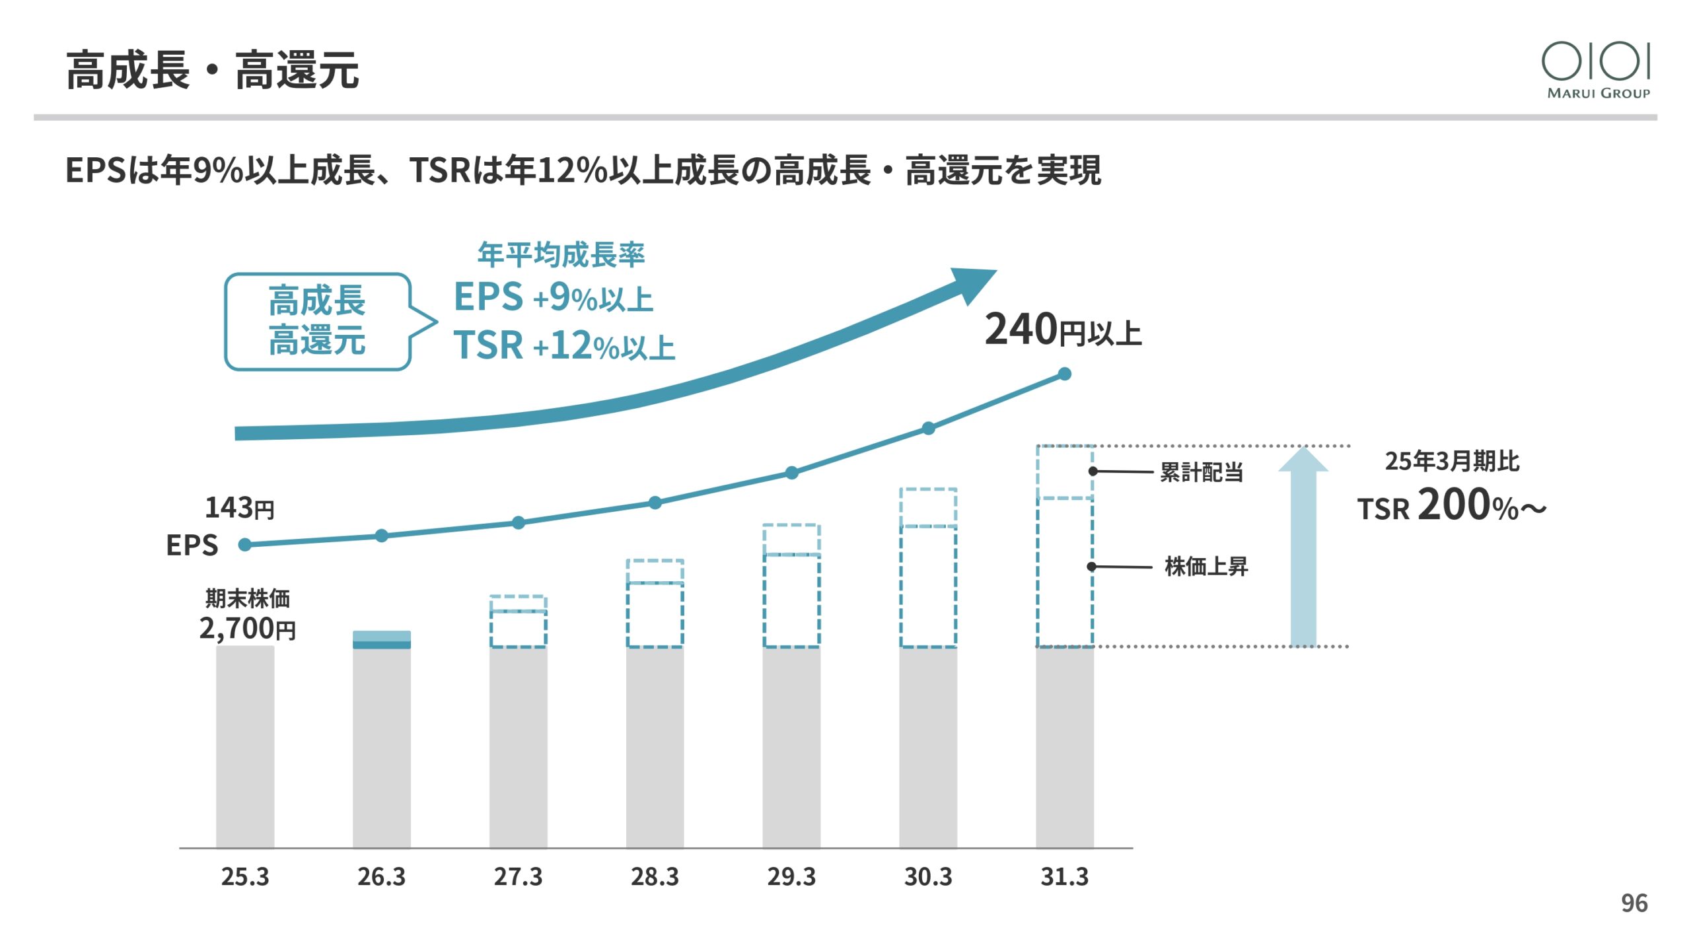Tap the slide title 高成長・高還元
click(212, 70)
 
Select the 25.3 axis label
click(245, 877)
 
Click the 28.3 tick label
click(655, 877)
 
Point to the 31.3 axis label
click(1064, 877)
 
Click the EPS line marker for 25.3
click(245, 545)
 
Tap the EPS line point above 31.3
click(1065, 374)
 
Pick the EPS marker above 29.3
click(791, 473)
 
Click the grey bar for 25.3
click(245, 746)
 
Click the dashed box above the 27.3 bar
click(519, 621)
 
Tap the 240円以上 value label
click(1063, 330)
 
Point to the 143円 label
click(239, 509)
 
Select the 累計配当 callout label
click(1202, 472)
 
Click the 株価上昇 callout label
click(1205, 567)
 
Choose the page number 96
click(1634, 903)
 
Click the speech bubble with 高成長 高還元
click(318, 322)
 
